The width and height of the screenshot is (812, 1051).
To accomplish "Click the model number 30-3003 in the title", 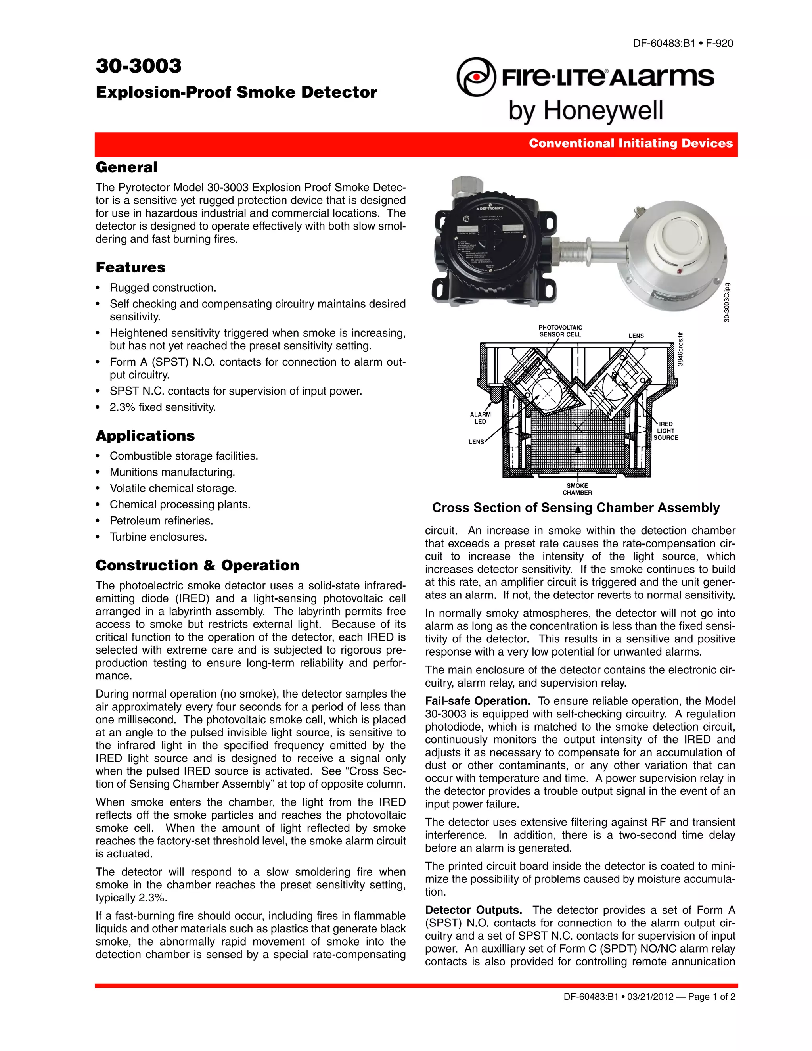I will pos(138,66).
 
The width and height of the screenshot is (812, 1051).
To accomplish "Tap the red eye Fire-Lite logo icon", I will pos(476,77).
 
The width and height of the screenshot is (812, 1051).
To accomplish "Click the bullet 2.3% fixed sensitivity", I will pos(163,407).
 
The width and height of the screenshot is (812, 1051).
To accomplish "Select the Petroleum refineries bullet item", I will pos(161,521).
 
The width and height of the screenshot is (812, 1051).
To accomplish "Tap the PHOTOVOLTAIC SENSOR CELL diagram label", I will pos(560,331).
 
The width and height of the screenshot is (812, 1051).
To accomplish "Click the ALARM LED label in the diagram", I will pos(480,418).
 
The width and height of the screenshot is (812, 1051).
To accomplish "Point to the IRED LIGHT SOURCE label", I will pos(665,431).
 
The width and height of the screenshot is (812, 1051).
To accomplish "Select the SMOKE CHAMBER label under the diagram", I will pos(577,489).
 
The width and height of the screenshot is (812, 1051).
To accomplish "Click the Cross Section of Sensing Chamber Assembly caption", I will pos(576,508).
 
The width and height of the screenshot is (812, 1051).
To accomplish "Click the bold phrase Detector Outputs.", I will pos(473,910).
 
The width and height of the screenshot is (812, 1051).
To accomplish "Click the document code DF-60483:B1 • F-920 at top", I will pos(683,43).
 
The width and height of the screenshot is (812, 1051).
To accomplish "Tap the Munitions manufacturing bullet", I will pos(172,472).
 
